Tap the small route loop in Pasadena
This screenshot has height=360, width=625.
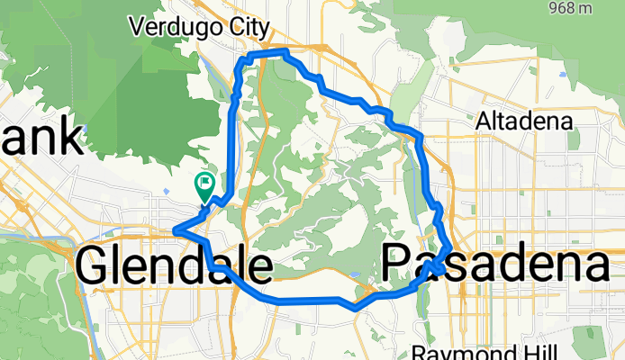click(x=438, y=265)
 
